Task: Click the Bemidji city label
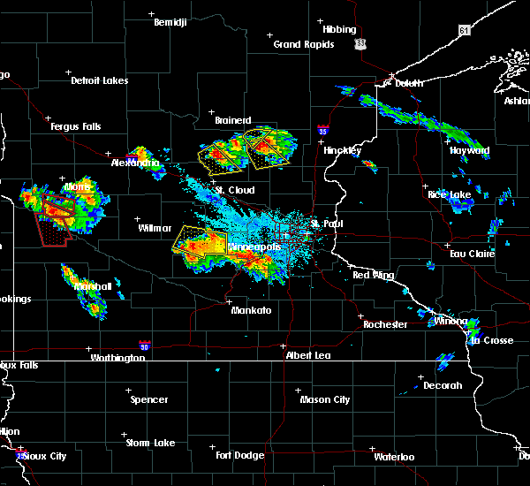click(x=170, y=22)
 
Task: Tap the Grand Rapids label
click(x=303, y=44)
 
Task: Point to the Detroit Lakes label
click(x=99, y=80)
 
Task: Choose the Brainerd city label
click(x=233, y=120)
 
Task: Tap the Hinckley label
click(x=342, y=150)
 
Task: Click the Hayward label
click(x=469, y=151)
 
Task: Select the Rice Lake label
click(x=449, y=194)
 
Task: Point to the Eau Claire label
click(x=472, y=254)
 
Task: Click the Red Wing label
click(x=373, y=276)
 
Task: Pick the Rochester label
click(x=385, y=324)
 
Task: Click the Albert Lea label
click(x=307, y=355)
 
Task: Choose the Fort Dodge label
click(x=239, y=455)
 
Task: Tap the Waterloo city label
click(x=394, y=457)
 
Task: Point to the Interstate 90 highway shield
click(x=144, y=346)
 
